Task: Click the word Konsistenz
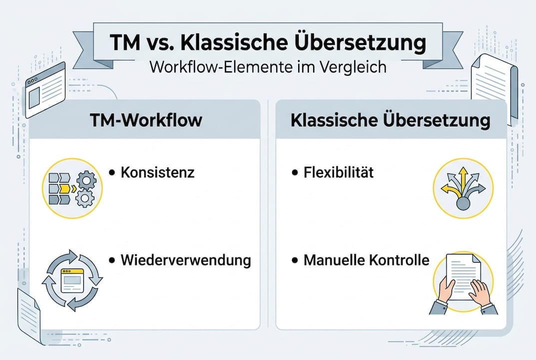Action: tap(157, 173)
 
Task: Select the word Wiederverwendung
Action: tap(186, 260)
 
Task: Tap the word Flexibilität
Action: tap(339, 173)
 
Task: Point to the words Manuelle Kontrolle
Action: tap(366, 260)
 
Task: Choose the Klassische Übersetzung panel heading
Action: tap(391, 120)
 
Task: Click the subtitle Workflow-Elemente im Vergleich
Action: tap(268, 67)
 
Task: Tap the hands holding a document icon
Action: tap(463, 282)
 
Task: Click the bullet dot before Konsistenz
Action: tap(112, 173)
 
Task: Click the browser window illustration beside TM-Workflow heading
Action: tap(44, 89)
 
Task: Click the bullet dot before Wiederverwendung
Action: tap(112, 260)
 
